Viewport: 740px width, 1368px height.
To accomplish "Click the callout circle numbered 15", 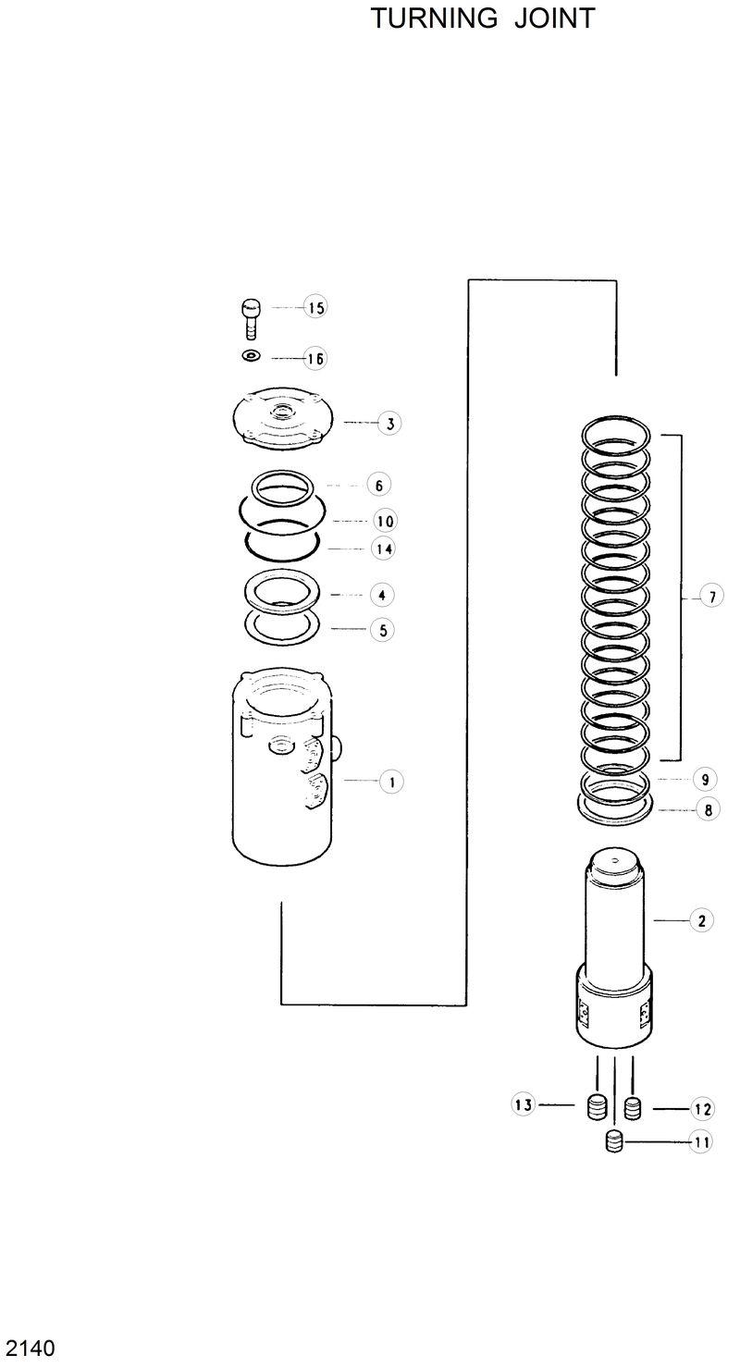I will (316, 308).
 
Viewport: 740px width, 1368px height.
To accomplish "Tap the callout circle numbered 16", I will (316, 358).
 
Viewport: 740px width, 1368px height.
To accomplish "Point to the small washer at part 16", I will (251, 356).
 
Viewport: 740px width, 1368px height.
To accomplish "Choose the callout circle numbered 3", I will (390, 424).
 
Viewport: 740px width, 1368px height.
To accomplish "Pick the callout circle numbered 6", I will (379, 485).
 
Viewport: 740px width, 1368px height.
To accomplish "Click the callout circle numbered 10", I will (384, 521).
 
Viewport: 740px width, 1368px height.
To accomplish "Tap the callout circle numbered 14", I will (384, 548).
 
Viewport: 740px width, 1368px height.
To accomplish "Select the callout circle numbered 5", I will (382, 630).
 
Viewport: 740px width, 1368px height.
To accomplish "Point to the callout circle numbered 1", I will (391, 782).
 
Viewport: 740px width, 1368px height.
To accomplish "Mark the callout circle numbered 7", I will (711, 598).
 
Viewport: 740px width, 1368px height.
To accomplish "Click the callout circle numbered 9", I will (705, 779).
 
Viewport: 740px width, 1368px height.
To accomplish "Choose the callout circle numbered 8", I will (708, 810).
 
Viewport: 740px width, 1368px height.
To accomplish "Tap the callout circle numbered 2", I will (701, 920).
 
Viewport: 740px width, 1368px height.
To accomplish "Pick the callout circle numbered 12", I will (702, 1109).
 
